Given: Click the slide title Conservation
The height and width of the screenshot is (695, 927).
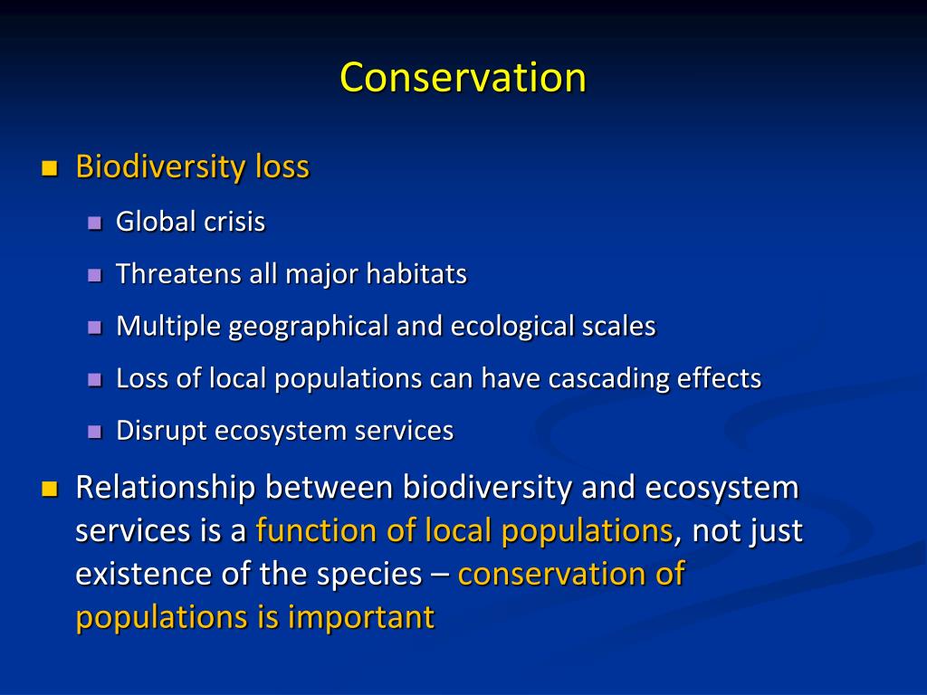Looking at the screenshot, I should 463,78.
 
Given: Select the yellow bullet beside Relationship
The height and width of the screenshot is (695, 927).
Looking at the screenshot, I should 49,490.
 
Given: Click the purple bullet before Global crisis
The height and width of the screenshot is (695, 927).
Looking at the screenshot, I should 94,223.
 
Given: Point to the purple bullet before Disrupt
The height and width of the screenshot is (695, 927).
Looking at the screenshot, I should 94,432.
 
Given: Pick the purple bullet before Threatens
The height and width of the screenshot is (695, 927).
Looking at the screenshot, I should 94,275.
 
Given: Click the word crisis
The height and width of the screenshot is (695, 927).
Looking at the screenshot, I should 234,223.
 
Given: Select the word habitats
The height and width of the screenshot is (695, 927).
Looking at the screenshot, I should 416,274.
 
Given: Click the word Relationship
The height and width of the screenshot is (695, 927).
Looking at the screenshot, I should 167,488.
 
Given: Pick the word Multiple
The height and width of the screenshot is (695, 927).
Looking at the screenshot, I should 168,327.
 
